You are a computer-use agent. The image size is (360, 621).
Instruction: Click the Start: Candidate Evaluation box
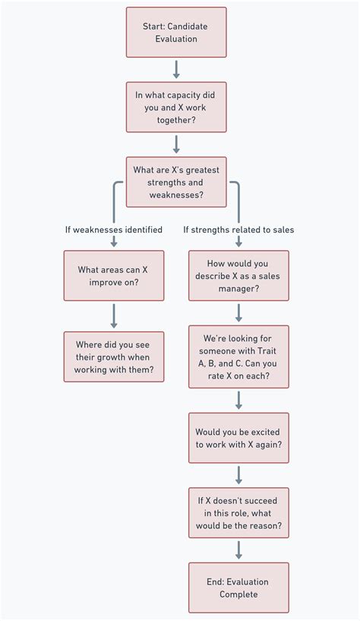(x=176, y=33)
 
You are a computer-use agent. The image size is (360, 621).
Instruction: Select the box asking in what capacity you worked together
(x=176, y=107)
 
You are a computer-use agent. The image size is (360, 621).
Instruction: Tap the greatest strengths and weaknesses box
(x=176, y=182)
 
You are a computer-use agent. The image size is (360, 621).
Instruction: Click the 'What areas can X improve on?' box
(x=114, y=275)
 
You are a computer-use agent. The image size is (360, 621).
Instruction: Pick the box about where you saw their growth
(x=114, y=356)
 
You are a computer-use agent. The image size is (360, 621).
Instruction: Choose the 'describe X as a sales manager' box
(x=238, y=275)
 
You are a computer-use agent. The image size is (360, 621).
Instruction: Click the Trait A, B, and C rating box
(x=238, y=356)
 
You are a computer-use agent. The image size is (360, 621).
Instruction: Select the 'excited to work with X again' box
(x=238, y=438)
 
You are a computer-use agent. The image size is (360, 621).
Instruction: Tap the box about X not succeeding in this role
(x=238, y=512)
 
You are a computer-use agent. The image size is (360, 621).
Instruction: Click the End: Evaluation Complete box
(x=238, y=588)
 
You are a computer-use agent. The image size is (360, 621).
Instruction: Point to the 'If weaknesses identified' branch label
(x=114, y=230)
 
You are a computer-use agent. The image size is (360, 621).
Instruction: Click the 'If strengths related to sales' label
(x=238, y=230)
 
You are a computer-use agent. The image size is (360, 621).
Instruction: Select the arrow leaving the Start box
(x=176, y=69)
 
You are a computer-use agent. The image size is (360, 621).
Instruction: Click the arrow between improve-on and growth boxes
(x=114, y=315)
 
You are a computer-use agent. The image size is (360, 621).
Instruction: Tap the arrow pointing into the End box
(x=238, y=550)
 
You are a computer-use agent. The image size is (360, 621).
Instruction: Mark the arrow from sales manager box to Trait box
(x=238, y=312)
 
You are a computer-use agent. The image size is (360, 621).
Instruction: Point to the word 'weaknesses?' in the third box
(x=176, y=195)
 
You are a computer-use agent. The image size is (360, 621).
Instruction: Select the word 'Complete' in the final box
(x=238, y=594)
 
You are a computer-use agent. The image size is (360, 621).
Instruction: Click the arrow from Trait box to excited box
(x=238, y=400)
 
